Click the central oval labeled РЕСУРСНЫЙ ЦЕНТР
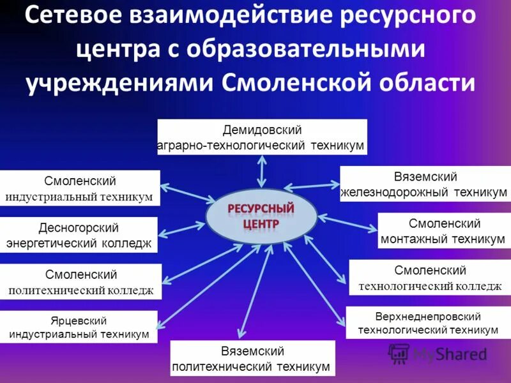tap(261, 217)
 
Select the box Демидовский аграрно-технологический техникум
tap(262, 137)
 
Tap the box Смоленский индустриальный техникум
tap(80, 188)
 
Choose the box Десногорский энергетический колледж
tap(79, 235)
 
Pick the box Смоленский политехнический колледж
tap(80, 282)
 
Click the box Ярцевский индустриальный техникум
tap(79, 327)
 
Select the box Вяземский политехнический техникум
tap(252, 359)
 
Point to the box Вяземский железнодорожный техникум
tap(425, 184)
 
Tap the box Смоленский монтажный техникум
tap(443, 231)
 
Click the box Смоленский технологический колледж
tap(430, 278)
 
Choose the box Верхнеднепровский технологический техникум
tap(428, 323)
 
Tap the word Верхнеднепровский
tap(428, 316)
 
